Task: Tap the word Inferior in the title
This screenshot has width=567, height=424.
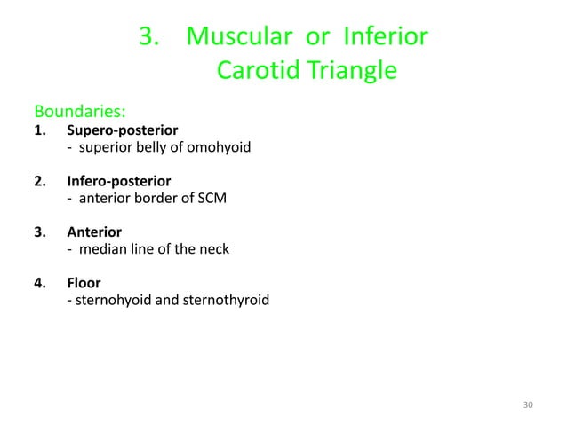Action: click(x=385, y=37)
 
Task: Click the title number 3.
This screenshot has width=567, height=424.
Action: click(x=148, y=37)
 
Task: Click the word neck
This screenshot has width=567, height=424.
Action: click(x=213, y=249)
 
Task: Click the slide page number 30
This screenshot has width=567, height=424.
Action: click(x=529, y=405)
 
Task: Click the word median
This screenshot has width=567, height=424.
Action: click(x=99, y=249)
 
